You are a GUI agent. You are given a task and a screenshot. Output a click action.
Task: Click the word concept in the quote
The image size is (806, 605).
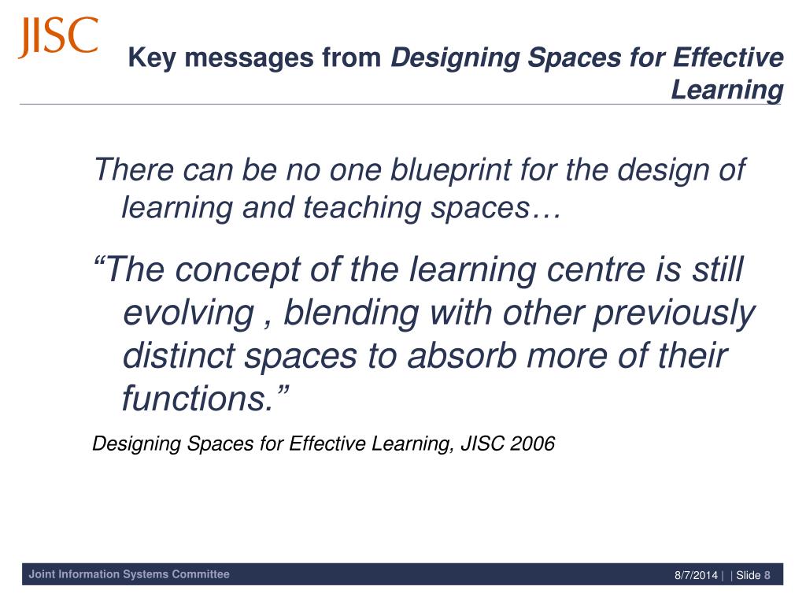click(x=231, y=271)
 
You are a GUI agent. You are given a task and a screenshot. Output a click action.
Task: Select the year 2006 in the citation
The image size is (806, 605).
click(x=532, y=444)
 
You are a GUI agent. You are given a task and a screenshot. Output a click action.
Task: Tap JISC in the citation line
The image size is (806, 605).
click(x=482, y=444)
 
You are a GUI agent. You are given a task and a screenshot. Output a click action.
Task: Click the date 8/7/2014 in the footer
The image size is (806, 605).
click(x=696, y=575)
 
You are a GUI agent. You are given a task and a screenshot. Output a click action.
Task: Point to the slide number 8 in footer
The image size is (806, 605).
click(x=767, y=575)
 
